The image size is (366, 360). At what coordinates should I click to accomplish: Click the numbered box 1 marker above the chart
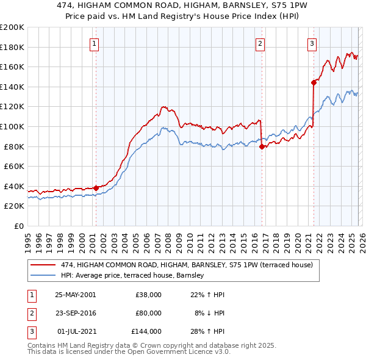(96, 43)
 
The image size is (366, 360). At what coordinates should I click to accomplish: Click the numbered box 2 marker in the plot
(260, 43)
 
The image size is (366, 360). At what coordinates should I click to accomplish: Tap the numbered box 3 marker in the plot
(312, 43)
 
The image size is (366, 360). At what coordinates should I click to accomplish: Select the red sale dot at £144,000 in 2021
(314, 82)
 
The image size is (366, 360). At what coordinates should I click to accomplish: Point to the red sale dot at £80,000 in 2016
(262, 146)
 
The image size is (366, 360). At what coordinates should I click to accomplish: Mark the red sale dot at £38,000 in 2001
(96, 188)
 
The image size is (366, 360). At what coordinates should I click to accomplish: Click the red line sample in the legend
(44, 265)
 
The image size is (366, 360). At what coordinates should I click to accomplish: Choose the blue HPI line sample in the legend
(44, 276)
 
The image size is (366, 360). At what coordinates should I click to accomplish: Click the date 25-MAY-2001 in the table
(75, 295)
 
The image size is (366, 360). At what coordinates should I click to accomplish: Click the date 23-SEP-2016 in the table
(75, 313)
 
